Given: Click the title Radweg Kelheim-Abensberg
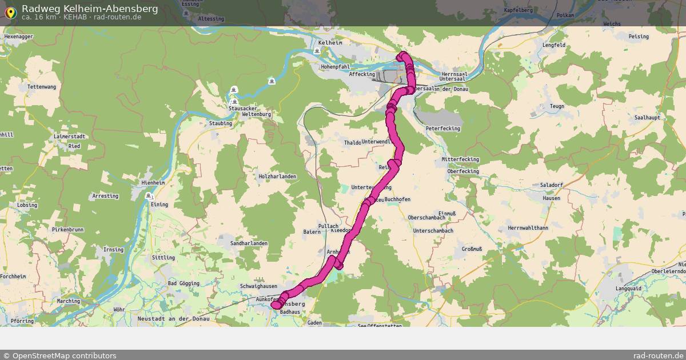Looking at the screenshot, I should click(90, 9).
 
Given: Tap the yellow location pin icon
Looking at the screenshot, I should click(11, 12).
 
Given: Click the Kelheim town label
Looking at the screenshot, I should click(330, 43).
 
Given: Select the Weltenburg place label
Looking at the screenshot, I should click(256, 114).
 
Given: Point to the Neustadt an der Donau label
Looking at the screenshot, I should click(174, 318).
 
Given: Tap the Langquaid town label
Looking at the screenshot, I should click(628, 289).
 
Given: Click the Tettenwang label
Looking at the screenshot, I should click(42, 87).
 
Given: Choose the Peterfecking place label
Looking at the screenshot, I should click(442, 129).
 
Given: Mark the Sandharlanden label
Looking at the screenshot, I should click(249, 243).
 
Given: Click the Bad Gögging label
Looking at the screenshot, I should click(184, 283).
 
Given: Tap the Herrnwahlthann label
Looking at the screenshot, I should click(527, 227).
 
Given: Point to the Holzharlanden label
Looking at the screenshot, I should click(277, 177).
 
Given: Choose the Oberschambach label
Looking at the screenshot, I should click(426, 218).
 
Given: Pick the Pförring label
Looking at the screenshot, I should click(22, 322).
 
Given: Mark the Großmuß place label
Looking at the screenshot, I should click(472, 249).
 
